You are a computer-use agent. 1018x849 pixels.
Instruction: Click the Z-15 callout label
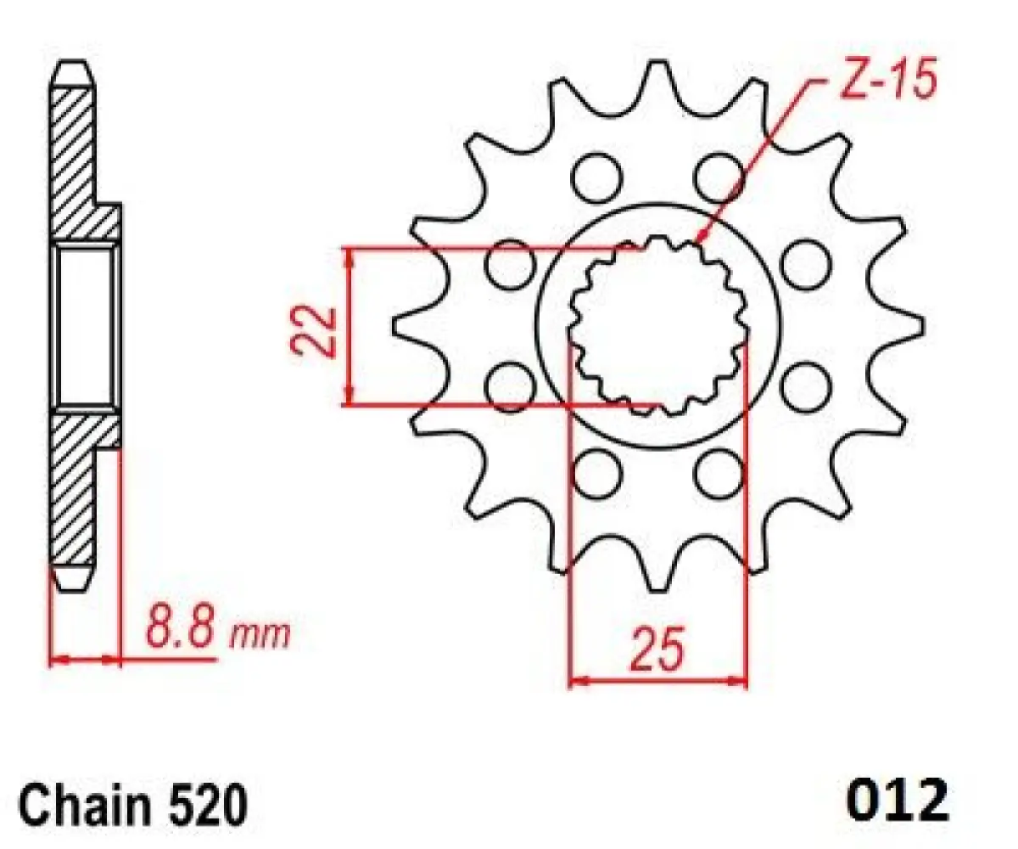click(887, 82)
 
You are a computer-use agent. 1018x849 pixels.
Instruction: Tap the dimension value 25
click(657, 651)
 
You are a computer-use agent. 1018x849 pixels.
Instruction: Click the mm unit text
click(261, 633)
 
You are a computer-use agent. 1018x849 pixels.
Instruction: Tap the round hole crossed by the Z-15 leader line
click(719, 176)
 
